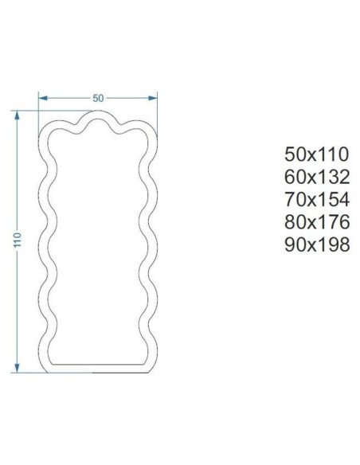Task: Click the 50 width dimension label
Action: (98, 98)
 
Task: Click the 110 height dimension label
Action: (18, 240)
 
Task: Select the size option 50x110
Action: (316, 154)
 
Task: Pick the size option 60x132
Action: (317, 177)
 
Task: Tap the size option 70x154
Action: (317, 199)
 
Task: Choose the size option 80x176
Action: (317, 222)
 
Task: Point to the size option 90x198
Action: (317, 244)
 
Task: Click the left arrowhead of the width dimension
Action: (43, 98)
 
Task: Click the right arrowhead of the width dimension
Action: (152, 98)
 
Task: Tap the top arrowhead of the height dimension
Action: (18, 115)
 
